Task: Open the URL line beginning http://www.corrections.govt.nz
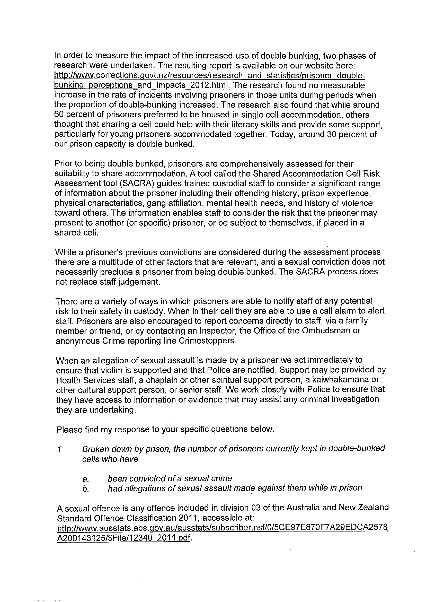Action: coord(209,76)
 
